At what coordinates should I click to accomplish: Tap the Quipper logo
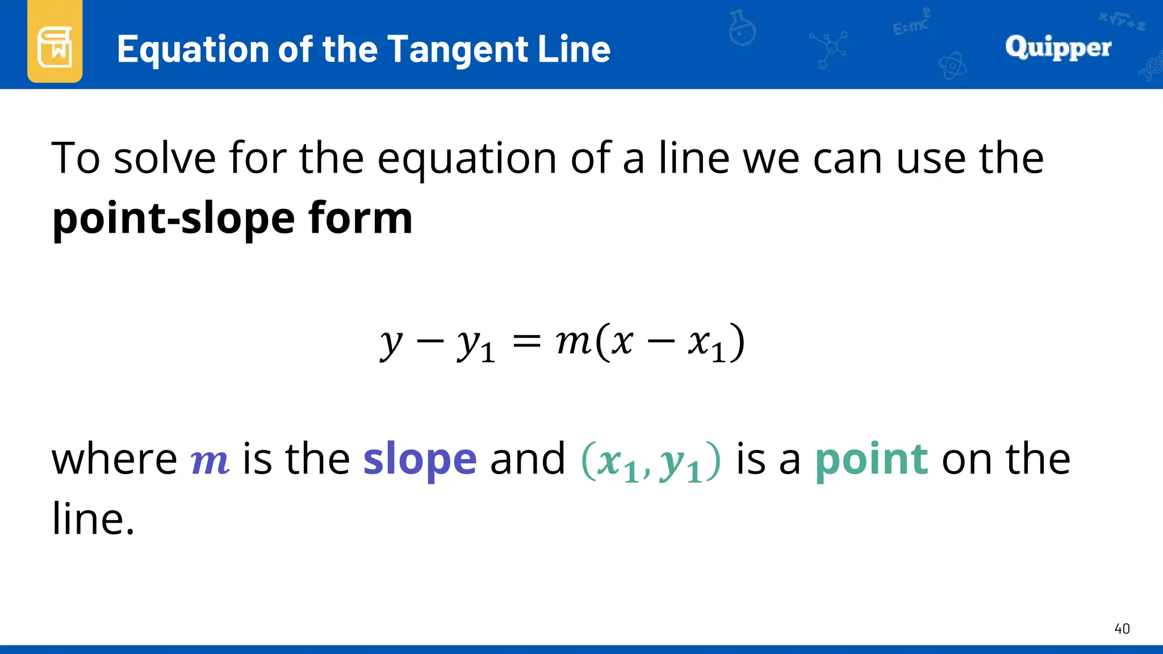coord(1058,48)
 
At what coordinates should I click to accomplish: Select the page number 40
coord(1122,628)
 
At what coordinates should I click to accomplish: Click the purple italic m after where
coord(210,461)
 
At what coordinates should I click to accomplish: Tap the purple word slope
coord(420,460)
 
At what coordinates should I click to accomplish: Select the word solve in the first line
coord(165,158)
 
